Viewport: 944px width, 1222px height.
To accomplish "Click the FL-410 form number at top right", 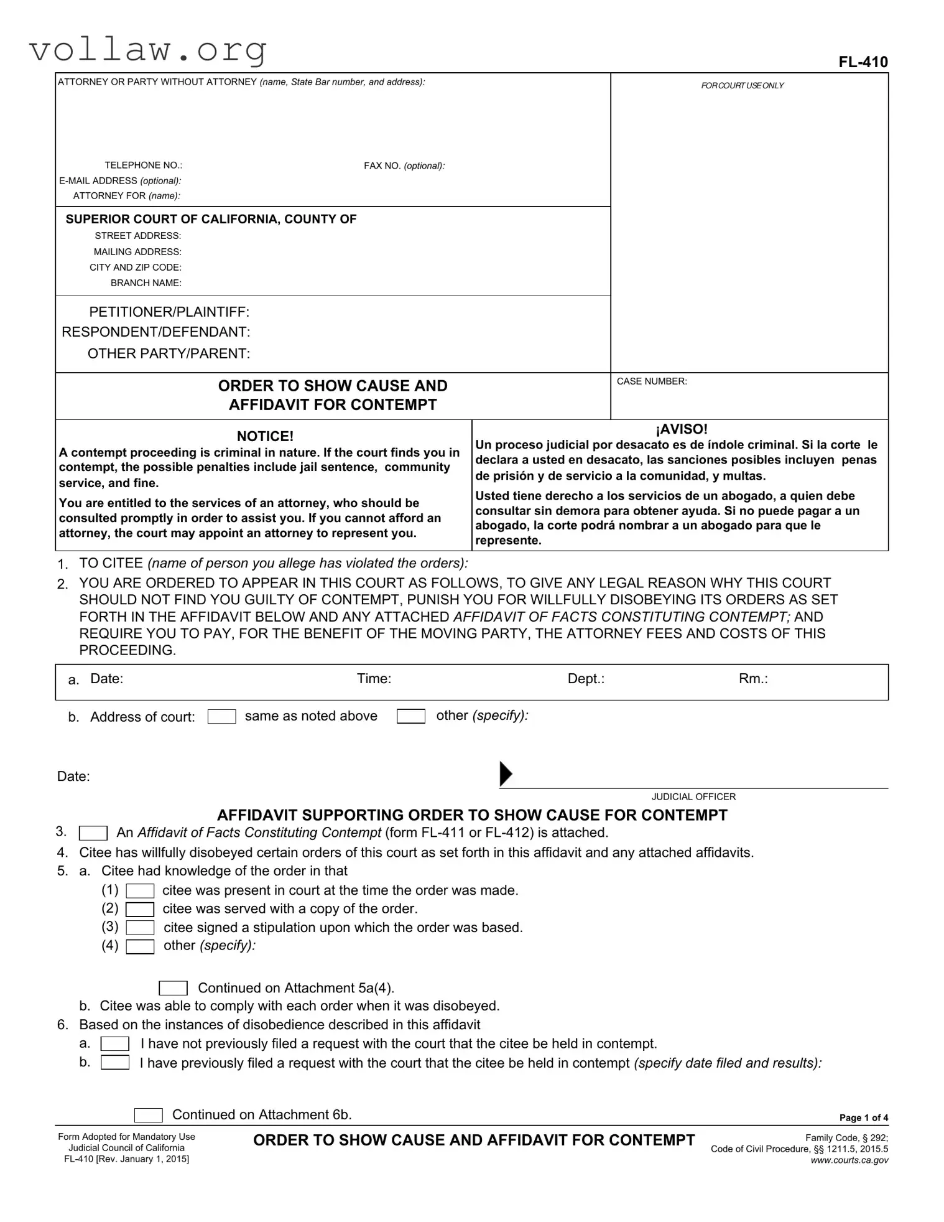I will [863, 62].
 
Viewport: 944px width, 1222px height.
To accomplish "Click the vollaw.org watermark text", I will [148, 49].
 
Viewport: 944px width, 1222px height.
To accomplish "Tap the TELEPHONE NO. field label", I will [143, 166].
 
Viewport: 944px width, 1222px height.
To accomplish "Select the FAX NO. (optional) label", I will [404, 166].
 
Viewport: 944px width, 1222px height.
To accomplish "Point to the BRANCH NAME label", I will [146, 283].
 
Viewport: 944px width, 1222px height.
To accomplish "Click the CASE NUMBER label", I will [651, 381].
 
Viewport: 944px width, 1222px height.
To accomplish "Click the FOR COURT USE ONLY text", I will [742, 86].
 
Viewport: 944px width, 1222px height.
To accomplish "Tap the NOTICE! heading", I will [265, 436].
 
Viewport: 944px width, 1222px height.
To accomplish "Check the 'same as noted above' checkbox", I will [221, 717].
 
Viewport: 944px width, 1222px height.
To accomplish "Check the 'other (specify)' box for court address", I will [411, 717].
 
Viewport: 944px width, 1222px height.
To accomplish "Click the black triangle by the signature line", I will [506, 773].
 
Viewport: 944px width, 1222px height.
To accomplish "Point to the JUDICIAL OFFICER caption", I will [693, 796].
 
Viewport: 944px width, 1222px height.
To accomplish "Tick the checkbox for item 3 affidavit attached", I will [93, 833].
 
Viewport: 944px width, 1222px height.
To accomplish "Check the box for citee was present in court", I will [140, 892].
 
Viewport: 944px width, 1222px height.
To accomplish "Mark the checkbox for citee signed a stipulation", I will [140, 928].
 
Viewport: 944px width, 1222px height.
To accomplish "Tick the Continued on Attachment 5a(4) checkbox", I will [173, 988].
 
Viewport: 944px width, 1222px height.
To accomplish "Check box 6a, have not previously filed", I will [115, 1044].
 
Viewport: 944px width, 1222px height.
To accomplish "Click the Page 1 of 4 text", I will [863, 1117].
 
